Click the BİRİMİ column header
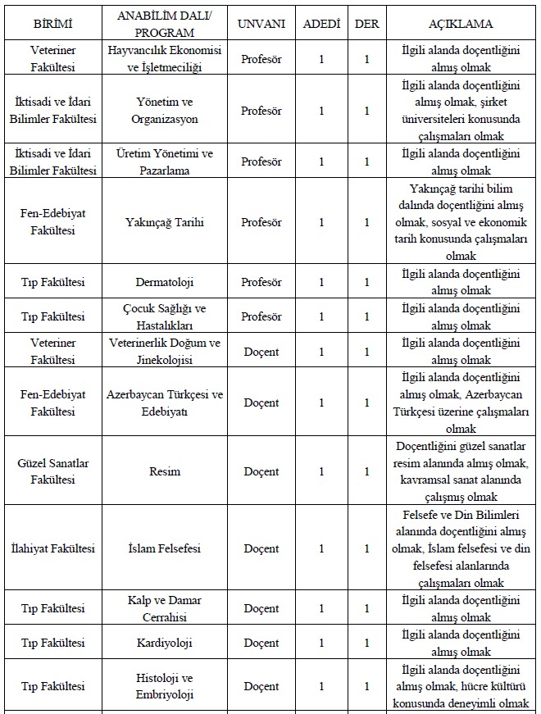pos(52,24)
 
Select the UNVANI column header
pos(261,24)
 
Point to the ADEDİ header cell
pos(321,24)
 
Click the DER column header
pos(366,24)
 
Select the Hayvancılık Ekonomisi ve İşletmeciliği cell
pos(165,58)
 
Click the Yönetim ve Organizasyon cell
pos(165,111)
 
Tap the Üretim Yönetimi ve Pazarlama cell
pos(165,161)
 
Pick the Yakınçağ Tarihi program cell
pos(165,222)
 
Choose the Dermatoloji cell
pos(165,283)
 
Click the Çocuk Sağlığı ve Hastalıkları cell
pos(165,316)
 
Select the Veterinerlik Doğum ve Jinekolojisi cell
pos(165,352)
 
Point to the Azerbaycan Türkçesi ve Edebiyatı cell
pos(165,402)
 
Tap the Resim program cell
pos(165,471)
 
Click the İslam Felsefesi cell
pos(165,548)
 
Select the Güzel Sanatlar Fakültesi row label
pos(52,471)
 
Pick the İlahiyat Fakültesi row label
pos(52,548)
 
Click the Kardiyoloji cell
pos(165,643)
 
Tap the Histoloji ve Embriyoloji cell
pos(165,686)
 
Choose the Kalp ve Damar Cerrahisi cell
pos(165,608)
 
